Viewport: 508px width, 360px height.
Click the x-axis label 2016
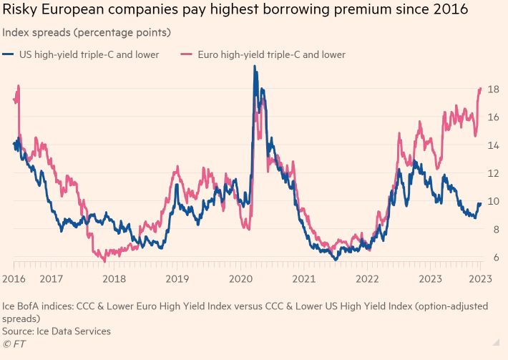point(14,278)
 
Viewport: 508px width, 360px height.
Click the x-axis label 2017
point(51,278)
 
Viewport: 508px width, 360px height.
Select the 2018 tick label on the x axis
point(114,278)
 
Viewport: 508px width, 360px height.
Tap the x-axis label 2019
point(177,278)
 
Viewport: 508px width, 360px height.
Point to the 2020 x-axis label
point(240,278)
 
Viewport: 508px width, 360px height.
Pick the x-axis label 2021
point(304,278)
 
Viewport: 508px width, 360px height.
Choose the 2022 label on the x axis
point(367,278)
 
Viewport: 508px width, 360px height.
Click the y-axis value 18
point(493,89)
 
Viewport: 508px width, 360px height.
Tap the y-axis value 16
point(493,117)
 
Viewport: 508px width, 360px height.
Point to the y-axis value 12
point(493,173)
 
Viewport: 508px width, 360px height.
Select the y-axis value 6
point(493,257)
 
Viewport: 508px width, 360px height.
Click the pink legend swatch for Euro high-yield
point(187,54)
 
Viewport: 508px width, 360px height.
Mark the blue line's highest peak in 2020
point(255,67)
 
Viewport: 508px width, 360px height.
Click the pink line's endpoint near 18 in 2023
point(479,89)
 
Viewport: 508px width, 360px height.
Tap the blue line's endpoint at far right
point(479,204)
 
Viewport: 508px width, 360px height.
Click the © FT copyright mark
point(14,344)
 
